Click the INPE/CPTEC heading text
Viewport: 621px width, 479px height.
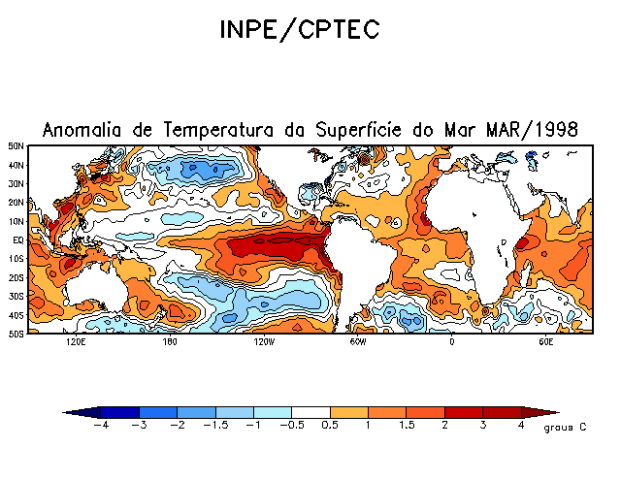(299, 31)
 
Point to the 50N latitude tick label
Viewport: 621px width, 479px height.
(16, 146)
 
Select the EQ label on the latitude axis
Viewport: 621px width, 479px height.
(17, 239)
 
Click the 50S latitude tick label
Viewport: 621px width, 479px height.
(16, 334)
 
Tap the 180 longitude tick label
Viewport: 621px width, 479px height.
(169, 342)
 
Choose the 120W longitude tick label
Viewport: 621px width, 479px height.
(263, 342)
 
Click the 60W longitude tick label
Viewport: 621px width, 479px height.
(357, 342)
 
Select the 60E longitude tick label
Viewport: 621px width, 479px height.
(545, 342)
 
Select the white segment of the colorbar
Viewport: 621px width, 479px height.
(310, 412)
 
